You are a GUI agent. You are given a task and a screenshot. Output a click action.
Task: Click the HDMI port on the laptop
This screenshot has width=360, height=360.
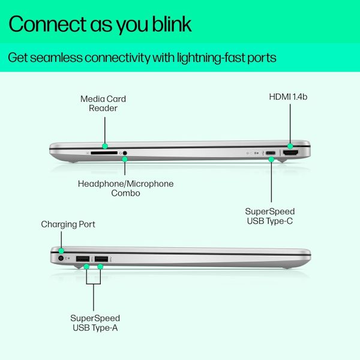click(x=290, y=152)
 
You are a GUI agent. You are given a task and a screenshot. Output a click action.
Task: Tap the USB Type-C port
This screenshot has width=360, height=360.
click(x=271, y=152)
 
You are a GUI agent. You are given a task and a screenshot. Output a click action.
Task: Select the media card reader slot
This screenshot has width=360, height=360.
click(x=104, y=152)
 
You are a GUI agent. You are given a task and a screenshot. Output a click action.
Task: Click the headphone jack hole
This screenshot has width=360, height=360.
click(x=125, y=152)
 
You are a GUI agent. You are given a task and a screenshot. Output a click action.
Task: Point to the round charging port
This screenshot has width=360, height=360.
click(x=61, y=258)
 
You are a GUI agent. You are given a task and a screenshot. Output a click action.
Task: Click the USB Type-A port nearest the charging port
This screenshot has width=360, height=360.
click(x=83, y=259)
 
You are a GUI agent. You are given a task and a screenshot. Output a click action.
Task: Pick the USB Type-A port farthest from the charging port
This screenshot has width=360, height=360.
click(x=101, y=259)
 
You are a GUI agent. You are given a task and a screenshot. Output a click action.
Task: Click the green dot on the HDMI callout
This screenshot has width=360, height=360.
click(x=290, y=146)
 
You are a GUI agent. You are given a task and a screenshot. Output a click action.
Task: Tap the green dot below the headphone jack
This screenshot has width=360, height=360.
click(x=125, y=159)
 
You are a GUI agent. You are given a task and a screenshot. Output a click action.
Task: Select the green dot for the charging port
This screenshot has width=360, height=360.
click(x=61, y=250)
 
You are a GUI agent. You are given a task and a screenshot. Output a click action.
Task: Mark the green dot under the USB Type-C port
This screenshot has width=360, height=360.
click(x=271, y=159)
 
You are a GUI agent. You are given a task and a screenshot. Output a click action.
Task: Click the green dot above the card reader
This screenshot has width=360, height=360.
click(x=105, y=146)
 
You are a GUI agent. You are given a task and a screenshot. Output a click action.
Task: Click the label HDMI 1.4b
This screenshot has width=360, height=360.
click(x=288, y=97)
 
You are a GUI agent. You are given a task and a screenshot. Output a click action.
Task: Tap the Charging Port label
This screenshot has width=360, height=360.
click(x=68, y=224)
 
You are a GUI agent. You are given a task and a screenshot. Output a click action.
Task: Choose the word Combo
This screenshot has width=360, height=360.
click(x=125, y=193)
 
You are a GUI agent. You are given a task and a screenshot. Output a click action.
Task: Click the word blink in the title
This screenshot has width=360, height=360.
click(x=172, y=24)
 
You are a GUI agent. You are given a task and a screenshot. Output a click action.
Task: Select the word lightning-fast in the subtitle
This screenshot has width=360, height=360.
click(x=211, y=58)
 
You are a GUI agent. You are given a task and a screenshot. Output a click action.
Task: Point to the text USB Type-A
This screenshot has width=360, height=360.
click(x=95, y=328)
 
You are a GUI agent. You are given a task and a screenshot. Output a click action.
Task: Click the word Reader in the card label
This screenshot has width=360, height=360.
click(x=103, y=108)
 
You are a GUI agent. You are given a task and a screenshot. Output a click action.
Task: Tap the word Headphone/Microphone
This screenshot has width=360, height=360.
click(x=125, y=184)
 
